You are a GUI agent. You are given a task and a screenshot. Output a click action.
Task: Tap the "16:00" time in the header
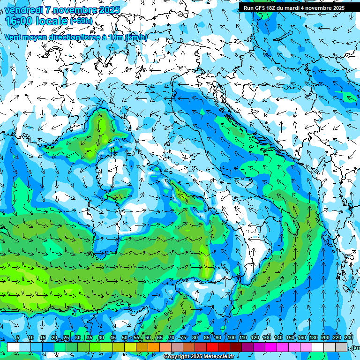pos(19,21)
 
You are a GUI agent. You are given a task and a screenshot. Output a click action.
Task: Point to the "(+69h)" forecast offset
pos(81,21)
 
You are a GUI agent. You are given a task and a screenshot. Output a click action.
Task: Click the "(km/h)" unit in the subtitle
pos(136,37)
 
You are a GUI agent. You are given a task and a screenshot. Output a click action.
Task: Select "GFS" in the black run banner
pos(260,8)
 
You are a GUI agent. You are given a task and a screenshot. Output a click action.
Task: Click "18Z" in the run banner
pos(273,8)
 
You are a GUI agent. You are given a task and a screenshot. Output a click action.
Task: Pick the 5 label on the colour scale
pos(18,338)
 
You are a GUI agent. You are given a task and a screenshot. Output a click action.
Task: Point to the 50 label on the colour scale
pos(124,338)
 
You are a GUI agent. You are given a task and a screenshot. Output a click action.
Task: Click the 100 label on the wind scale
pos(232,338)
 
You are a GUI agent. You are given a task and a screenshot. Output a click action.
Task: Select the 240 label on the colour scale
pos(349,338)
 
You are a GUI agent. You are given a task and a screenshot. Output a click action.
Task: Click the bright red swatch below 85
pos(212,347)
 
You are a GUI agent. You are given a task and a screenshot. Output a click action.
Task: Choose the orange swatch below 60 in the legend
pos(154,347)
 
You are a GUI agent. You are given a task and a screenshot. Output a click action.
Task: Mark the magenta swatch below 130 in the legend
pos(271,347)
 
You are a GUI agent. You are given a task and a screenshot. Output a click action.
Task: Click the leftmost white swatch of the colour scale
pos(13,347)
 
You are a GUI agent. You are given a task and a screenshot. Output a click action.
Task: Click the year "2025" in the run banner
pos(337,8)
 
